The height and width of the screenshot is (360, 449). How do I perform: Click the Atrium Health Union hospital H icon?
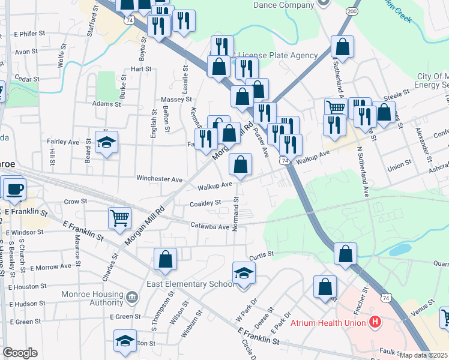pyautogui.click(x=376, y=322)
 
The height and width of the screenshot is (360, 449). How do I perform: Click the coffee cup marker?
pyautogui.click(x=14, y=188)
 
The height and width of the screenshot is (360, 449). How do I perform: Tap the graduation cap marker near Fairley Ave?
pyautogui.click(x=106, y=142)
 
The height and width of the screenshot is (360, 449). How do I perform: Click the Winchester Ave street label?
pyautogui.click(x=159, y=179)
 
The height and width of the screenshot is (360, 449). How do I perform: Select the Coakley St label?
pyautogui.click(x=205, y=204)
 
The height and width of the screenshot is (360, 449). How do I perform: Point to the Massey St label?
pyautogui.click(x=176, y=99)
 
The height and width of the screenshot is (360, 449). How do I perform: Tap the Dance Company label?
pyautogui.click(x=284, y=5)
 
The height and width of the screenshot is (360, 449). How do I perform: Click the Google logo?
pyautogui.click(x=20, y=353)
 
